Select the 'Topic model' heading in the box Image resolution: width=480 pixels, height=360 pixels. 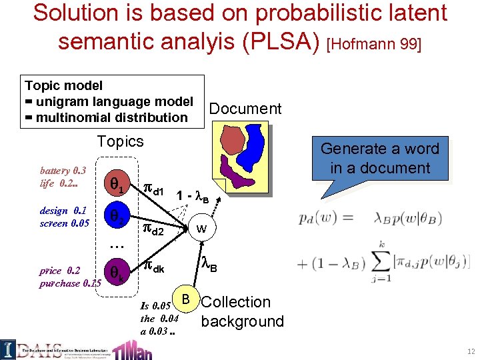pyautogui.click(x=64, y=85)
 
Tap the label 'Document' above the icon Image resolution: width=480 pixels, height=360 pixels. pyautogui.click(x=245, y=109)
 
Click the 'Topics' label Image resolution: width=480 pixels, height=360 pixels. pyautogui.click(x=120, y=141)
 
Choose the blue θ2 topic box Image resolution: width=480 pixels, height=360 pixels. pyautogui.click(x=115, y=217)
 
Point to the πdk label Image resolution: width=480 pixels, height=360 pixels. pyautogui.click(x=154, y=269)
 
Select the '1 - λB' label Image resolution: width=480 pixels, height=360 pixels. pyautogui.click(x=193, y=197)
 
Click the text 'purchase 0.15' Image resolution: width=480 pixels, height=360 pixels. pyautogui.click(x=70, y=283)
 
